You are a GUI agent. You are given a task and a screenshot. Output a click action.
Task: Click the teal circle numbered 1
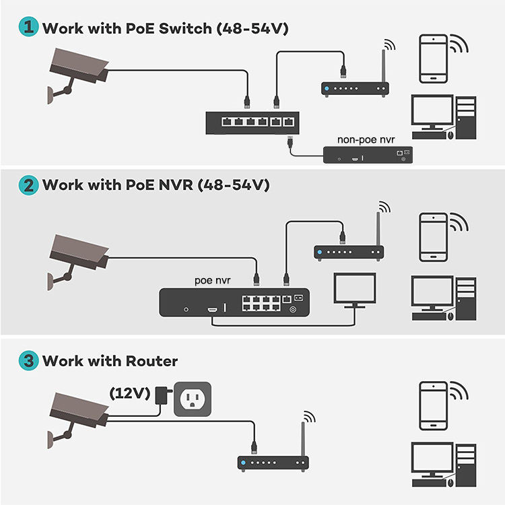[x=28, y=28]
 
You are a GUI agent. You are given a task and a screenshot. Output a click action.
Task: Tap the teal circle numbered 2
[x=28, y=184]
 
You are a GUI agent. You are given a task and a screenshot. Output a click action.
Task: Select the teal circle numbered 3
[x=28, y=360]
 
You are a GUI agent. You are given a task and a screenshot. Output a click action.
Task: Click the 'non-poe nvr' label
[x=366, y=139]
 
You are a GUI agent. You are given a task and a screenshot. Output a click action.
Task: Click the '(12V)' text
[x=129, y=394]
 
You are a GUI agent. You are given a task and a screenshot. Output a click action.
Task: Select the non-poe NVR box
[x=367, y=155]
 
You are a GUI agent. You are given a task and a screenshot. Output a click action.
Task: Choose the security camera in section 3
[x=77, y=411]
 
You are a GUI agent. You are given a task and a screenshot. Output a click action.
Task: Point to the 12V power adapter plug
[x=162, y=395]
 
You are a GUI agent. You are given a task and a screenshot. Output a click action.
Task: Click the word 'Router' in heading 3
[x=152, y=361]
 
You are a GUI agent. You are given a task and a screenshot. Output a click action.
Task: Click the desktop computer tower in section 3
[x=465, y=465]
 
